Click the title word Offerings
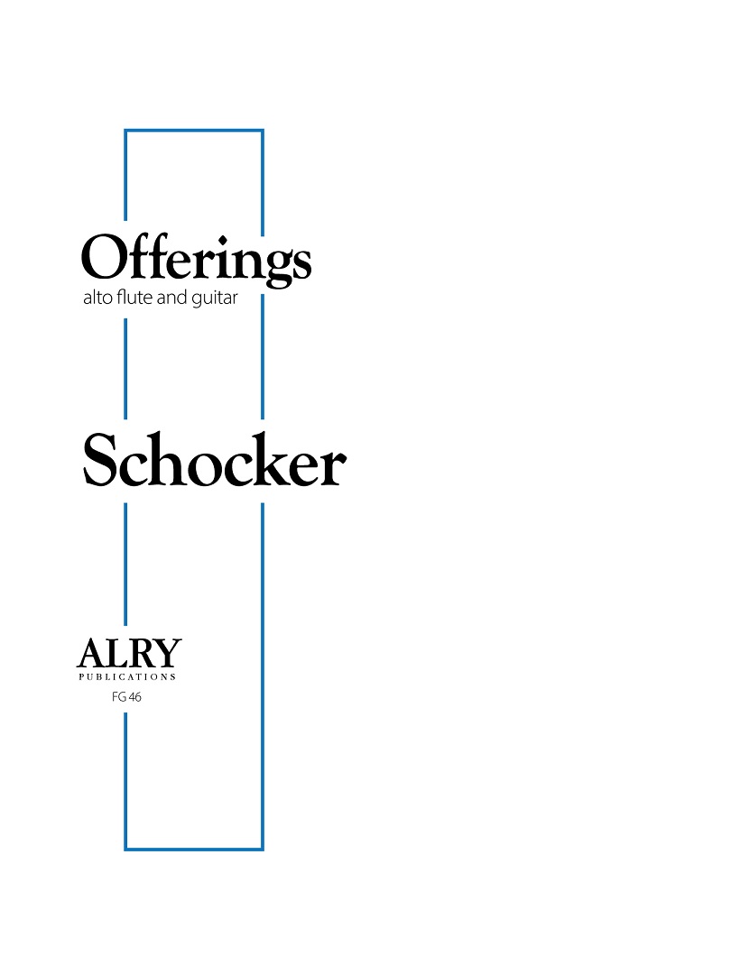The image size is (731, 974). click(197, 259)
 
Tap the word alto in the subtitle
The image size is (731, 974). click(96, 299)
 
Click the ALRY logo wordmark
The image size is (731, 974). click(128, 653)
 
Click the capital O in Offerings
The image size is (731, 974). click(103, 257)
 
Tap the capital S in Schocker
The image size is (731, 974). click(101, 461)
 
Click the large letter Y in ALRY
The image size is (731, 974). click(168, 653)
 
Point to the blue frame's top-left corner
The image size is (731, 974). click(125, 132)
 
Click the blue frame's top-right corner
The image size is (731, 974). click(262, 132)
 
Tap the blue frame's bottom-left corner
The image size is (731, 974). click(125, 848)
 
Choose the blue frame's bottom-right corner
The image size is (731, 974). click(262, 848)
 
